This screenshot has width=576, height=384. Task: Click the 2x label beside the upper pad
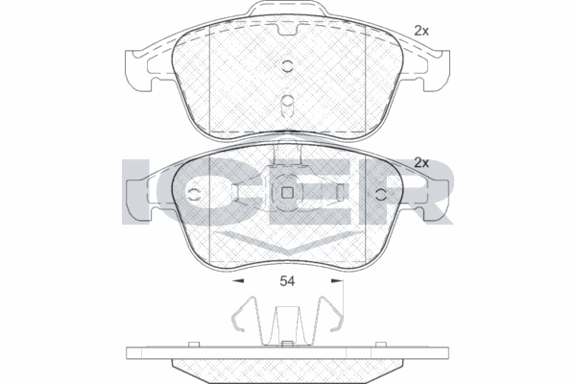pyautogui.click(x=420, y=31)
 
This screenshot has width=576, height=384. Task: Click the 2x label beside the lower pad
pyautogui.click(x=420, y=162)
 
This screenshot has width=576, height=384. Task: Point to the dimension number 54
pyautogui.click(x=287, y=282)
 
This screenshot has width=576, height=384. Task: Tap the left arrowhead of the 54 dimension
pyautogui.click(x=239, y=282)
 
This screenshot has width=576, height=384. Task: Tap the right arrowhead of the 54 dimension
pyautogui.click(x=335, y=282)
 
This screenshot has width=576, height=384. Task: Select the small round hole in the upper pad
pyautogui.click(x=287, y=65)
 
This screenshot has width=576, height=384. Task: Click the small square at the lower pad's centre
pyautogui.click(x=287, y=195)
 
